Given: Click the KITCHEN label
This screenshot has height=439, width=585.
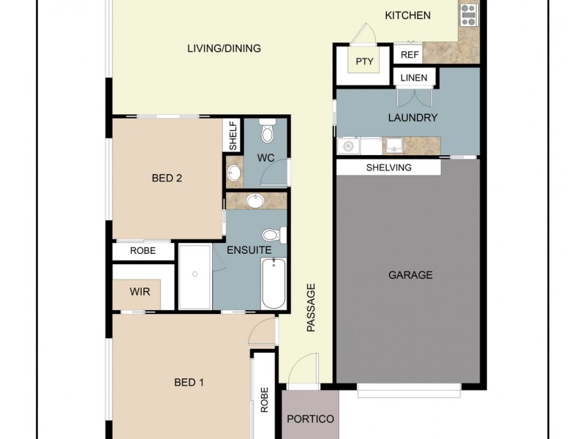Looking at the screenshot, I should coord(408,15).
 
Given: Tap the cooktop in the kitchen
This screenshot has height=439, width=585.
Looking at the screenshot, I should coord(468,14).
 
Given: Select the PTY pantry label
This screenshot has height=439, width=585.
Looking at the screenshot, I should coord(364,61).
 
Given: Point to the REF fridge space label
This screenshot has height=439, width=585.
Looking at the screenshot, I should coord(409,55).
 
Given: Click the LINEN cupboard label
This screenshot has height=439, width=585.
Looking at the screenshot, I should coord(415,78).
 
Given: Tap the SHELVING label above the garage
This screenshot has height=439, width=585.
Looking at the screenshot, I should coord(388,168).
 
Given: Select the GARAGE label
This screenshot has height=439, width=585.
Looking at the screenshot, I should coord(410,275).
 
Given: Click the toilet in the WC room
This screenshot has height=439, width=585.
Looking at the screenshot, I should coord(268,132).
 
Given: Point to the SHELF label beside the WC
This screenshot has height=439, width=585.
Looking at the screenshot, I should coord(233,136).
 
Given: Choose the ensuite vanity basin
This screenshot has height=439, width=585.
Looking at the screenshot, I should coord(256,200).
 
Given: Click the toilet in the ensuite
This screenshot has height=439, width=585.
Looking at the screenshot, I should coord(273,235).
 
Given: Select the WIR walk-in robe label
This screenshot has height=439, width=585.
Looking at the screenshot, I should coord(140,291).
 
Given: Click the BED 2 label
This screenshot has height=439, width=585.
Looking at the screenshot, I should coord(167,177).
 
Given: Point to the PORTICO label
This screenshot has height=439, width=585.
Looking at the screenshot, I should coord(310,419).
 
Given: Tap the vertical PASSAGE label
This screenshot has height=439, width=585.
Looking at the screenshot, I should coord(311,308).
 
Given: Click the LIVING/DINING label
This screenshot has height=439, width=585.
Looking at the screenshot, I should coord(224,48).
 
